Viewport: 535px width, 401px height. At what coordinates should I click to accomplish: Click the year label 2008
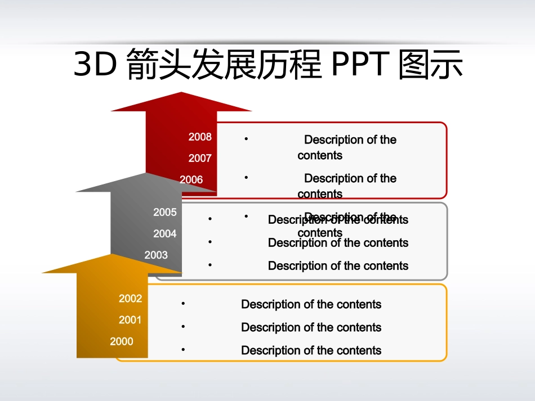pos(200,137)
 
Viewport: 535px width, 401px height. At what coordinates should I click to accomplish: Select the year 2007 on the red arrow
pos(200,158)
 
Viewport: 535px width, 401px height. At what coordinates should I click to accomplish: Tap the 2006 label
pos(191,179)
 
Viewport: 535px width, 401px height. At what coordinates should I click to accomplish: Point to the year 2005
pos(165,212)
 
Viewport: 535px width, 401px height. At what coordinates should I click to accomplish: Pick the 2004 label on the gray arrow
pos(165,233)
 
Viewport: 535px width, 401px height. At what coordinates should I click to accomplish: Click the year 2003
pos(156,255)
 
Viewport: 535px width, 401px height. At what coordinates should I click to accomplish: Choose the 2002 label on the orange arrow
pos(130,299)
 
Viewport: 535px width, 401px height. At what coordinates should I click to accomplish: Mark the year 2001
pos(130,320)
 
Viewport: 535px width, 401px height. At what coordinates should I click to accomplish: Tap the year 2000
pos(122,341)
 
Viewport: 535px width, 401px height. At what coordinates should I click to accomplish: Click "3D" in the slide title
pos(95,65)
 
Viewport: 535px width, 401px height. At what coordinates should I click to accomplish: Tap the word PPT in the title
pos(360,65)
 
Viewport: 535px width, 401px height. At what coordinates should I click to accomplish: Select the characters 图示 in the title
pos(430,65)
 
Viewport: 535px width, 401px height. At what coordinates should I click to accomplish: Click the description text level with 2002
pos(311,304)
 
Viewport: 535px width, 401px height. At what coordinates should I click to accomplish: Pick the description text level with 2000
pos(311,350)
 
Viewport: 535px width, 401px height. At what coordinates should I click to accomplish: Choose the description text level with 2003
pos(338,265)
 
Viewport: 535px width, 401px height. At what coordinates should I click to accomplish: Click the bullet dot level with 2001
pos(184,326)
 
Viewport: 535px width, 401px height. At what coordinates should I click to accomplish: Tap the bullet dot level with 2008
pos(247,138)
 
